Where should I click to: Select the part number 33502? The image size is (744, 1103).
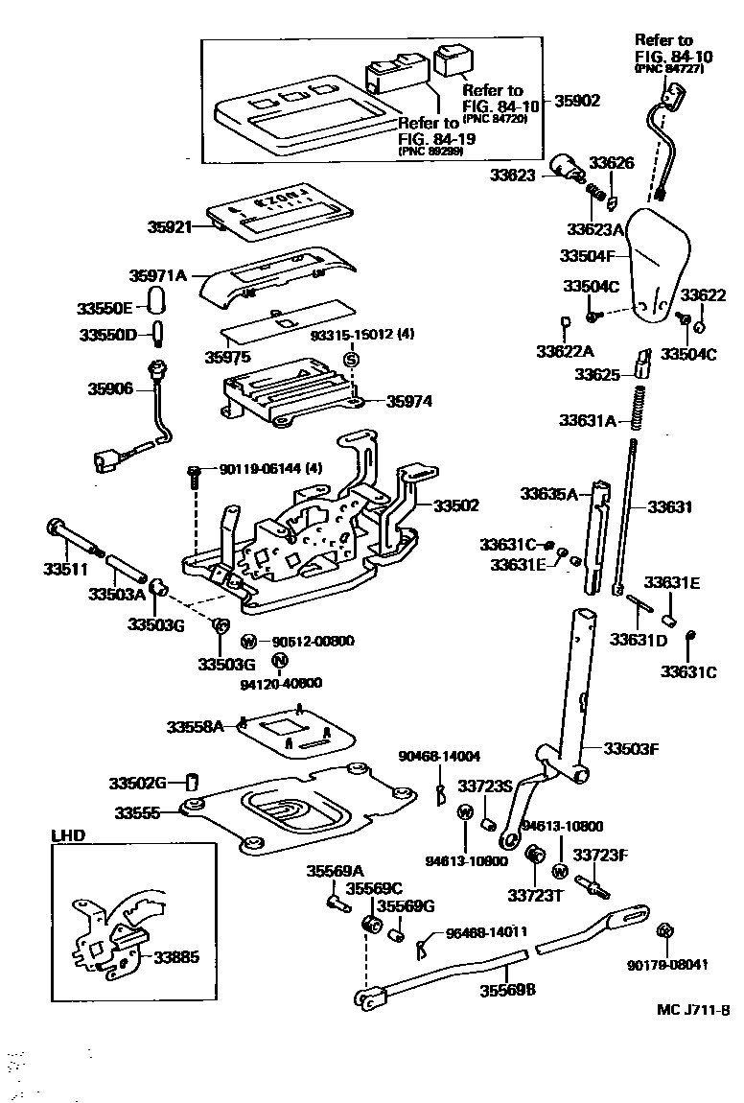click(x=455, y=505)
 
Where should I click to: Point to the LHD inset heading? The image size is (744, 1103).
click(x=67, y=835)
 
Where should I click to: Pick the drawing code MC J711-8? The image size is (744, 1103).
click(x=693, y=1009)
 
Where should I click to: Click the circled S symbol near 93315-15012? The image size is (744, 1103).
click(x=351, y=359)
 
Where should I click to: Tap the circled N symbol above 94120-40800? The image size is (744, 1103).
click(x=278, y=660)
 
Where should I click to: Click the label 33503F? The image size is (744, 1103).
click(x=631, y=747)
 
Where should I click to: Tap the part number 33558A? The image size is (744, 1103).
click(x=195, y=727)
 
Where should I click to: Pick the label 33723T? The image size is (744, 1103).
click(x=533, y=895)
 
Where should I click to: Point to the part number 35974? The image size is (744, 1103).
click(x=409, y=402)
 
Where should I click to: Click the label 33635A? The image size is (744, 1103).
click(x=549, y=494)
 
